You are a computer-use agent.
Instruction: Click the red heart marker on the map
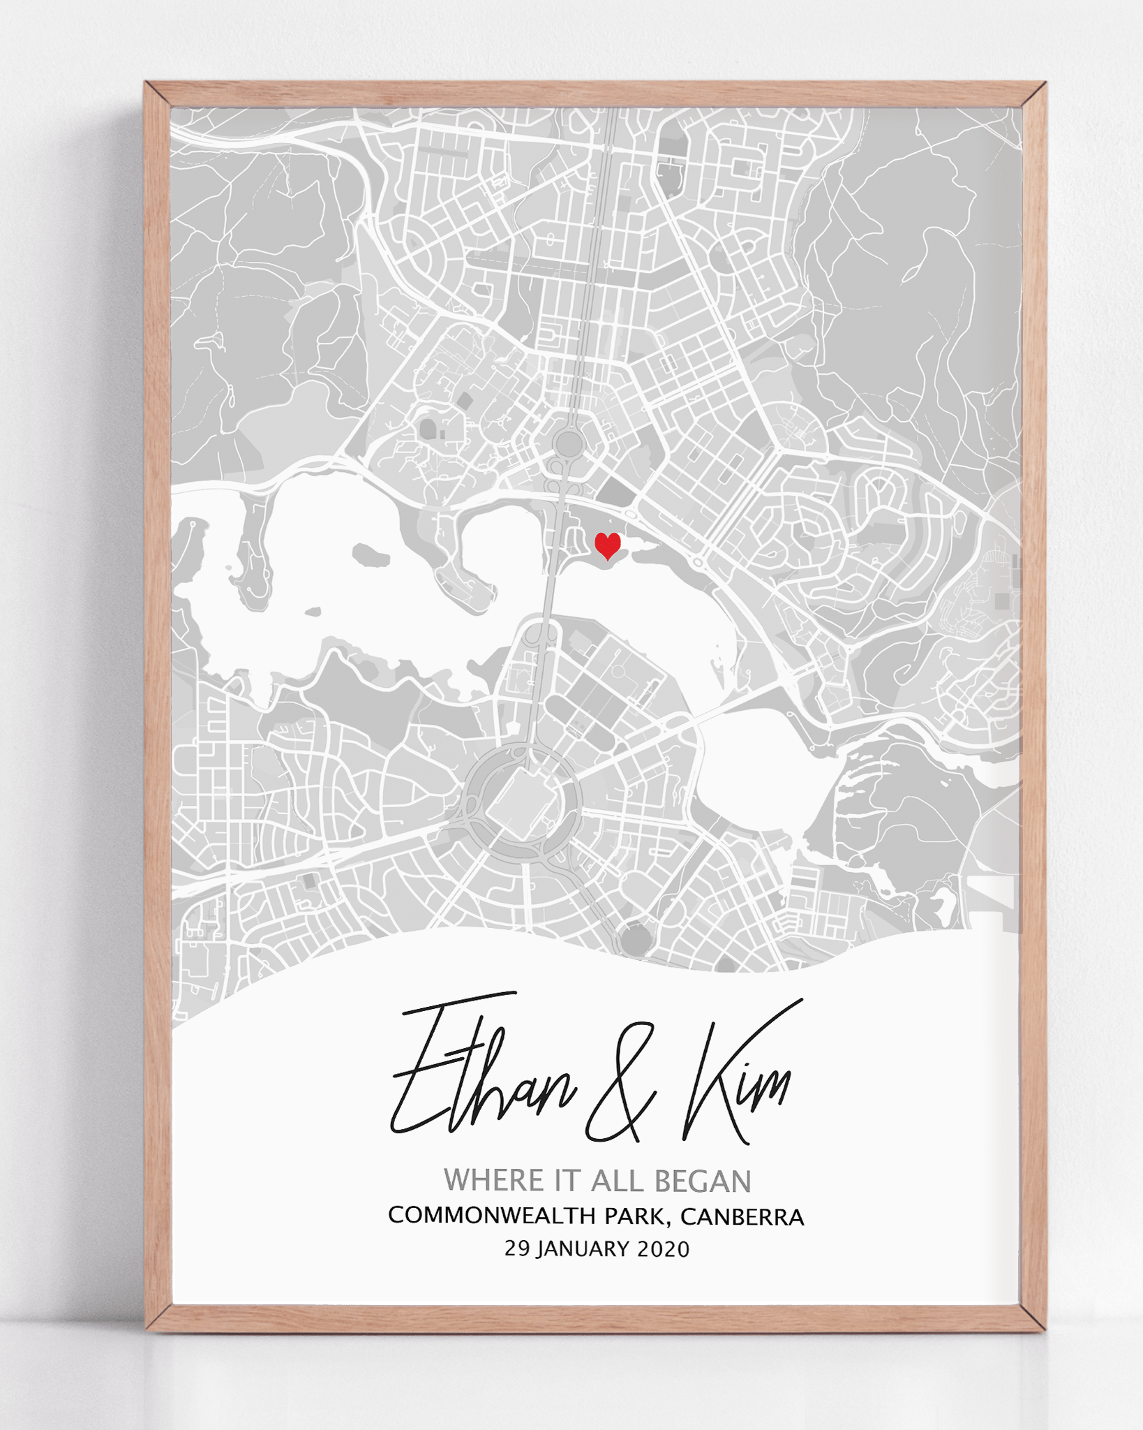[607, 545]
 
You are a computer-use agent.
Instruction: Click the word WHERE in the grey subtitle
[494, 1181]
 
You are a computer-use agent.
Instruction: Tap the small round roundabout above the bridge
[569, 443]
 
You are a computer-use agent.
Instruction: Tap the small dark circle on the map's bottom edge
[634, 939]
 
